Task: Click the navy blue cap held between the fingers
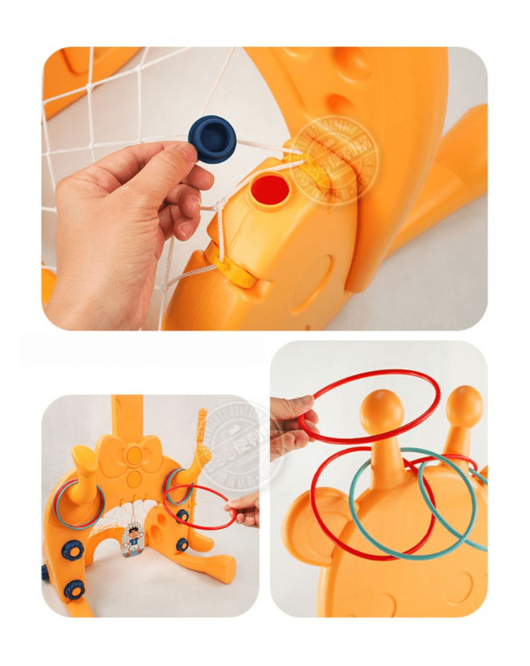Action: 211,139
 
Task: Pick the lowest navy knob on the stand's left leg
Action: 74,589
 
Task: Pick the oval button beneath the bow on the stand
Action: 134,478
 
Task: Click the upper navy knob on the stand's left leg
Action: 72,549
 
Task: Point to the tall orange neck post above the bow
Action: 127,416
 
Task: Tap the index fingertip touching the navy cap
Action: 187,151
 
